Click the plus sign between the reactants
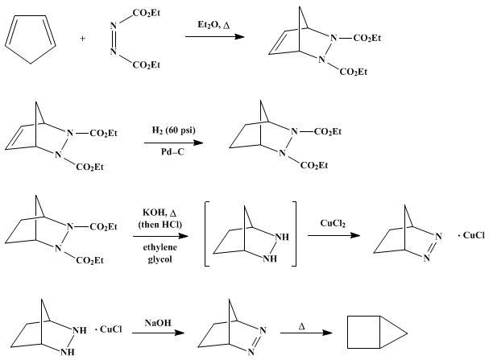tap(82, 39)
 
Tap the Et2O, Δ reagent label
tap(213, 25)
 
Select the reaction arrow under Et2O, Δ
tap(214, 37)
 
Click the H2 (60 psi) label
tap(174, 130)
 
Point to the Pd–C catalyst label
tap(172, 151)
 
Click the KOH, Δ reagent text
tap(160, 213)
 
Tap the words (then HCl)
tap(160, 225)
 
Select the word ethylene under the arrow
tap(160, 247)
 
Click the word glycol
tap(160, 259)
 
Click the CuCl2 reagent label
tap(333, 224)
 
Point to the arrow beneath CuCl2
tap(334, 235)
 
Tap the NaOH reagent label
tap(158, 323)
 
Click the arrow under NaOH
tap(159, 333)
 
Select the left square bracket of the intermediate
tap(206, 234)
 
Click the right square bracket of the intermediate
tap(294, 234)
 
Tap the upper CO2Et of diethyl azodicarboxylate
tap(147, 13)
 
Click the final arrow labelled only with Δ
tap(306, 333)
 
